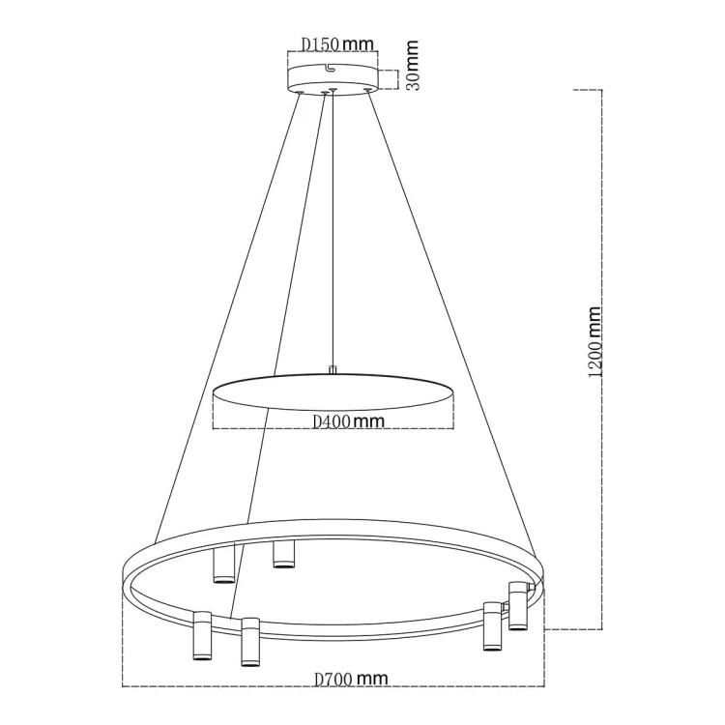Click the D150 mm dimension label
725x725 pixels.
[x=333, y=43]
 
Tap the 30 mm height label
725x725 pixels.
[x=412, y=65]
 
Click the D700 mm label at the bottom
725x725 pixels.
[x=351, y=680]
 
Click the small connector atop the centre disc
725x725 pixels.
[x=333, y=369]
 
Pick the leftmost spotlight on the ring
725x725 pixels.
[x=202, y=637]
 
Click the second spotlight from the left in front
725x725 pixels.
[x=250, y=643]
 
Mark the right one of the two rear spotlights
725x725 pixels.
[x=282, y=554]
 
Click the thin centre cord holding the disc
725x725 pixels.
[x=333, y=232]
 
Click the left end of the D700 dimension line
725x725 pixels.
[x=123, y=687]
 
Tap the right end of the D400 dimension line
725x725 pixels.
[x=454, y=428]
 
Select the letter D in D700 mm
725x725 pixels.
[x=321, y=680]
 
